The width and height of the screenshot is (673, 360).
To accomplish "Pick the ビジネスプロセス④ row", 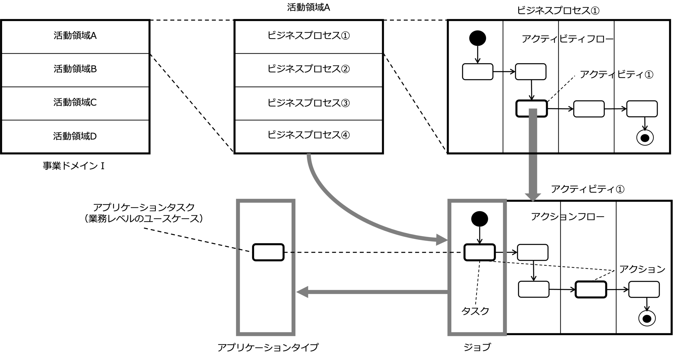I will tap(308, 136).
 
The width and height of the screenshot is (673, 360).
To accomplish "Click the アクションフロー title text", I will tap(567, 217).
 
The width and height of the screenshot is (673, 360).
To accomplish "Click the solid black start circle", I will tap(477, 38).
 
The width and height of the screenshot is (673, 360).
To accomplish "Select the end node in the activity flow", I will tap(645, 138).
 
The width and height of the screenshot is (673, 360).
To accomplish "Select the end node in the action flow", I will tap(647, 319).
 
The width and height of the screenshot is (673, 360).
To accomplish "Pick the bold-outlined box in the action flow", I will tap(591, 290).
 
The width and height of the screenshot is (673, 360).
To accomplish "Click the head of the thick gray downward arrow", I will tap(533, 197).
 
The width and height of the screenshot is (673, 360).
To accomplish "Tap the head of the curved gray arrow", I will tap(442, 240).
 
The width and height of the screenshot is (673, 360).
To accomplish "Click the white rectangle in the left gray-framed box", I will tap(268, 252).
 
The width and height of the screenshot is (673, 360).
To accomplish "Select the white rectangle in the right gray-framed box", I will tap(480, 252).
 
